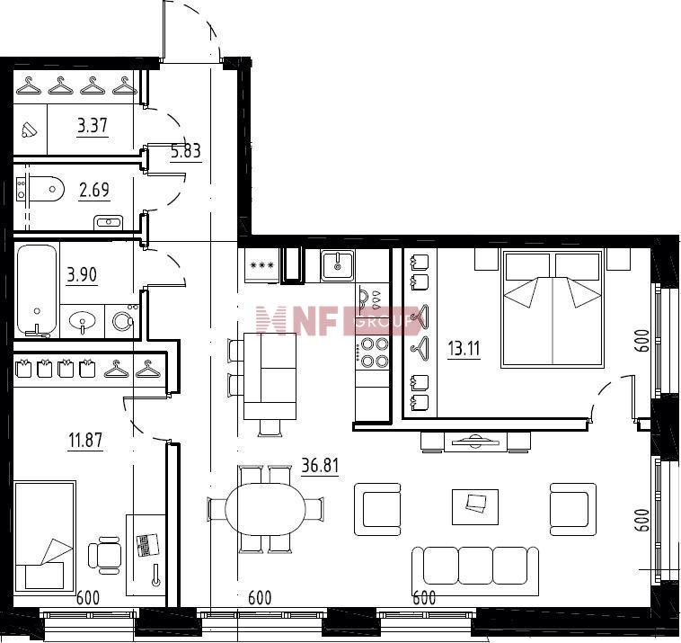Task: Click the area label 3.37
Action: (92, 126)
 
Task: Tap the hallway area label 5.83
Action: (186, 151)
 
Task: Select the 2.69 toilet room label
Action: (94, 190)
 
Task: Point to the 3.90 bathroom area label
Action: (82, 275)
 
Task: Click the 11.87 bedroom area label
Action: (85, 440)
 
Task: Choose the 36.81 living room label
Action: (320, 466)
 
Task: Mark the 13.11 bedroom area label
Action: (464, 349)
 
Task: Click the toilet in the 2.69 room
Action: (40, 190)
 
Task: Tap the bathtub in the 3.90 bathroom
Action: (37, 290)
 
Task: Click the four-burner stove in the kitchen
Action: (372, 353)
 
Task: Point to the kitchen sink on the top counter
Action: (338, 265)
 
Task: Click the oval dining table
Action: (266, 509)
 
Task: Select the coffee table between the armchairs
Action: (475, 507)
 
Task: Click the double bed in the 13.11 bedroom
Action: (553, 308)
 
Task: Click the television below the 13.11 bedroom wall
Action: (475, 442)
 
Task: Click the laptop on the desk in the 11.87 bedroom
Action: (147, 545)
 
